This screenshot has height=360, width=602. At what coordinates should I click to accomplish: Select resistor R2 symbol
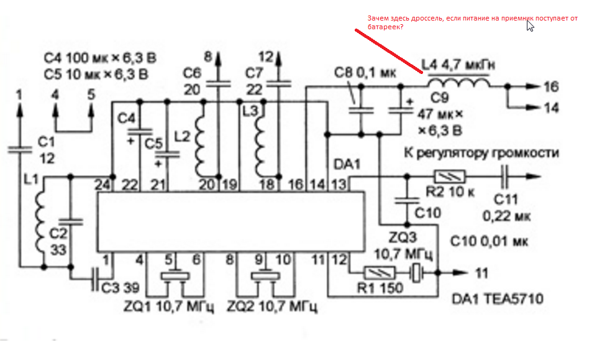(x=447, y=177)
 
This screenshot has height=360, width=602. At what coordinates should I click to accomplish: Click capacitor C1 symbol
(x=20, y=149)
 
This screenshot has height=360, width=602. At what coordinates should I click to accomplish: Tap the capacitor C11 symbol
(x=504, y=177)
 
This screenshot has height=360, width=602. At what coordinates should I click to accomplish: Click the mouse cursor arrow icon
(x=530, y=25)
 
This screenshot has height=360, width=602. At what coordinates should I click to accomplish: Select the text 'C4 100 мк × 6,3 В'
(x=99, y=59)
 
